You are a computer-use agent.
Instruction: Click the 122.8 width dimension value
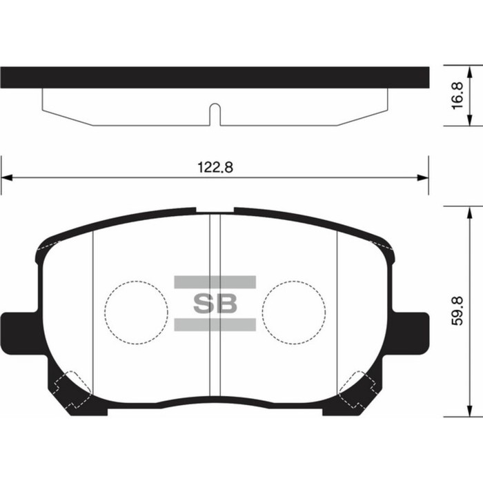[x=214, y=167]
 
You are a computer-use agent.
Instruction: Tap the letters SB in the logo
[x=214, y=303]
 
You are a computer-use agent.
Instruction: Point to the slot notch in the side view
[x=215, y=113]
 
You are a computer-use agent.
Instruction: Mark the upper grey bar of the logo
[x=215, y=281]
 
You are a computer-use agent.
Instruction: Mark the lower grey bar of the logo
[x=215, y=324]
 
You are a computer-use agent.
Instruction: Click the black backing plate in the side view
[x=215, y=77]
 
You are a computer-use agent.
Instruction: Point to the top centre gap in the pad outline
[x=215, y=209]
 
